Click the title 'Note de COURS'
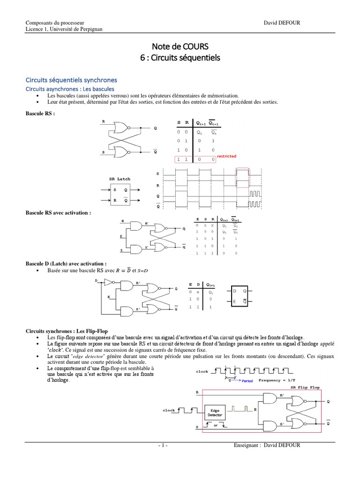click(180, 46)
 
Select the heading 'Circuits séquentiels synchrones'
click(71, 80)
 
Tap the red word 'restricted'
click(226, 156)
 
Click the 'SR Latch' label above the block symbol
click(120, 179)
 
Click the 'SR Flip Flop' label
click(306, 388)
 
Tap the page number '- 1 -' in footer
click(163, 445)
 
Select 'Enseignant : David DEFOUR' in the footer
click(266, 445)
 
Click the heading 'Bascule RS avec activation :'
click(58, 213)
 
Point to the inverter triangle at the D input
click(107, 282)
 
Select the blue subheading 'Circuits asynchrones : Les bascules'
click(70, 89)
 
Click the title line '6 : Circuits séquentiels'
click(180, 58)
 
